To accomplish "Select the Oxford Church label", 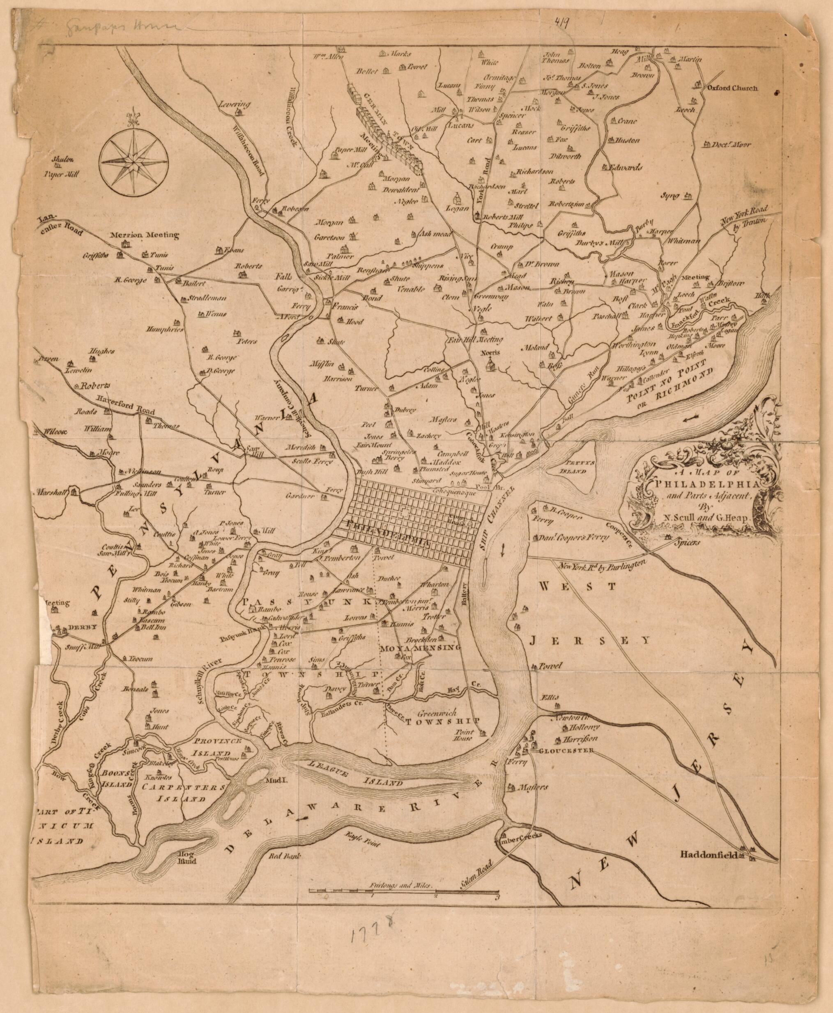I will pyautogui.click(x=730, y=88).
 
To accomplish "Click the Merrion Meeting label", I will pyautogui.click(x=144, y=235).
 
